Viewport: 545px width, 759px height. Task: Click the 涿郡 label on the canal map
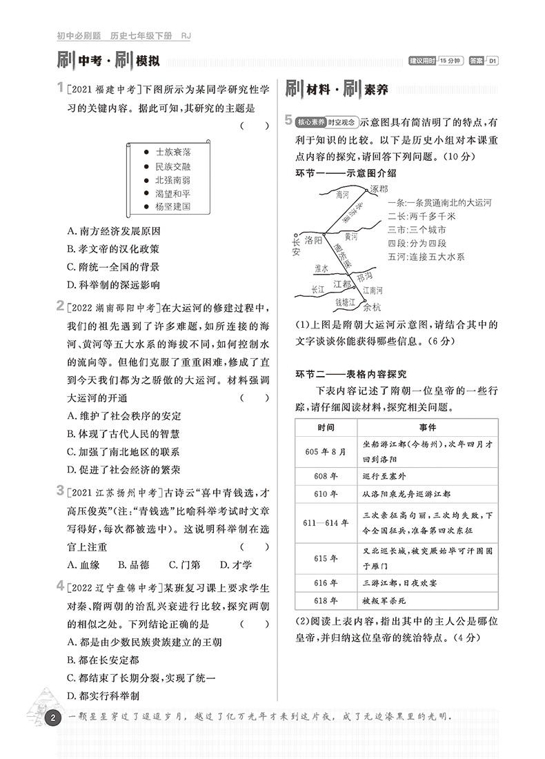tap(379, 188)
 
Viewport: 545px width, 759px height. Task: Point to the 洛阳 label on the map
tap(313, 240)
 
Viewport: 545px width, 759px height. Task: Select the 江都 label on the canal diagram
tap(343, 284)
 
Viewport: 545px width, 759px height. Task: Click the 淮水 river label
tap(321, 268)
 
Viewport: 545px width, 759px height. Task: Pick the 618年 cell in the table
tap(326, 601)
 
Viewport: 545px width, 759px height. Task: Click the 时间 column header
tap(326, 427)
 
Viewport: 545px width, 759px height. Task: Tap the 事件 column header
tap(428, 427)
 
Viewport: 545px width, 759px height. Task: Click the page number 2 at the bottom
tap(52, 720)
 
